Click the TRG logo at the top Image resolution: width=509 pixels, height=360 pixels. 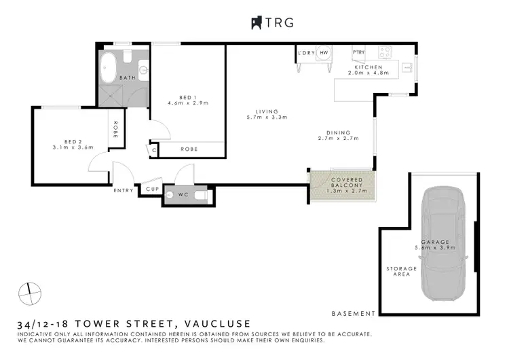(x=271, y=22)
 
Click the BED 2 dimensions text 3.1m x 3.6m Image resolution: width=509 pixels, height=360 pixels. (x=72, y=147)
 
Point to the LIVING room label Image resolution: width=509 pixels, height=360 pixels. (x=267, y=111)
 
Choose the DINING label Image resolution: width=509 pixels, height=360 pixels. (x=338, y=132)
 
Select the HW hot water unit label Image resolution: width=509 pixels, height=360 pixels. (x=324, y=52)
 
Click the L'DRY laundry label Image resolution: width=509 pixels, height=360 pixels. (x=305, y=52)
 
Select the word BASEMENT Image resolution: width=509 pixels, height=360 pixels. (x=354, y=314)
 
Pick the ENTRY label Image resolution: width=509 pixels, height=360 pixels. (x=124, y=190)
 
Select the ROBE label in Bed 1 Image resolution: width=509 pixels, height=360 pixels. (x=189, y=149)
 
